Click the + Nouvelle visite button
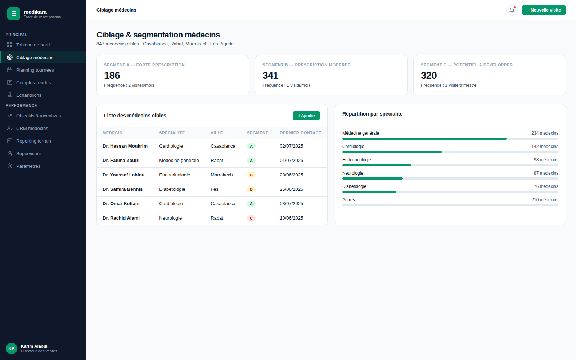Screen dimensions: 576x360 point(544,10)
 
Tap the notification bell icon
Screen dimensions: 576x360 point(512,10)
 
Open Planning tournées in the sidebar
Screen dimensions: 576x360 point(35,70)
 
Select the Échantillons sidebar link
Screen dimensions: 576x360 point(29,95)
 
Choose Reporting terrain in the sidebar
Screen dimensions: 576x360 point(33,141)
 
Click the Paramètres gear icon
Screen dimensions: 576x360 point(10,166)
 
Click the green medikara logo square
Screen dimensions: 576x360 point(14,14)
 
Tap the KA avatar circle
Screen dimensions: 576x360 point(12,348)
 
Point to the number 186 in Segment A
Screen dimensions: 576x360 point(112,76)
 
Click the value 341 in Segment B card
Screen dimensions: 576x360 point(270,76)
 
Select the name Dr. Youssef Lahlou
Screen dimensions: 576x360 point(123,175)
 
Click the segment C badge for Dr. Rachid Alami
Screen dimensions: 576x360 point(251,218)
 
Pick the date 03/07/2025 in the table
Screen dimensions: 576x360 point(291,204)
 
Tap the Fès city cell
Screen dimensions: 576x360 point(215,189)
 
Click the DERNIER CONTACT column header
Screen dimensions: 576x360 point(300,133)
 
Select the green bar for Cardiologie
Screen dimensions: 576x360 point(392,152)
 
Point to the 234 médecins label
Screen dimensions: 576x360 point(545,133)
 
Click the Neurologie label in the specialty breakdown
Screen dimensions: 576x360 point(352,173)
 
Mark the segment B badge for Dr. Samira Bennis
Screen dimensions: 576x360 point(251,189)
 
